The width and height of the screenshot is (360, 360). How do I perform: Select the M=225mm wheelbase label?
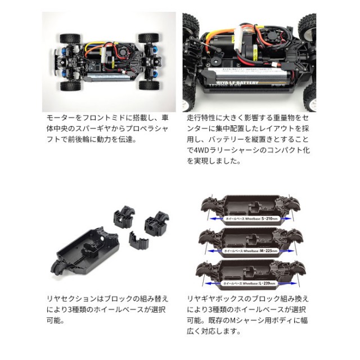tap(247, 250)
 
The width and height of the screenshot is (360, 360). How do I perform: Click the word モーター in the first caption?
tap(61, 119)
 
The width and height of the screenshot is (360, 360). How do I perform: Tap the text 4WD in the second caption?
tap(200, 150)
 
